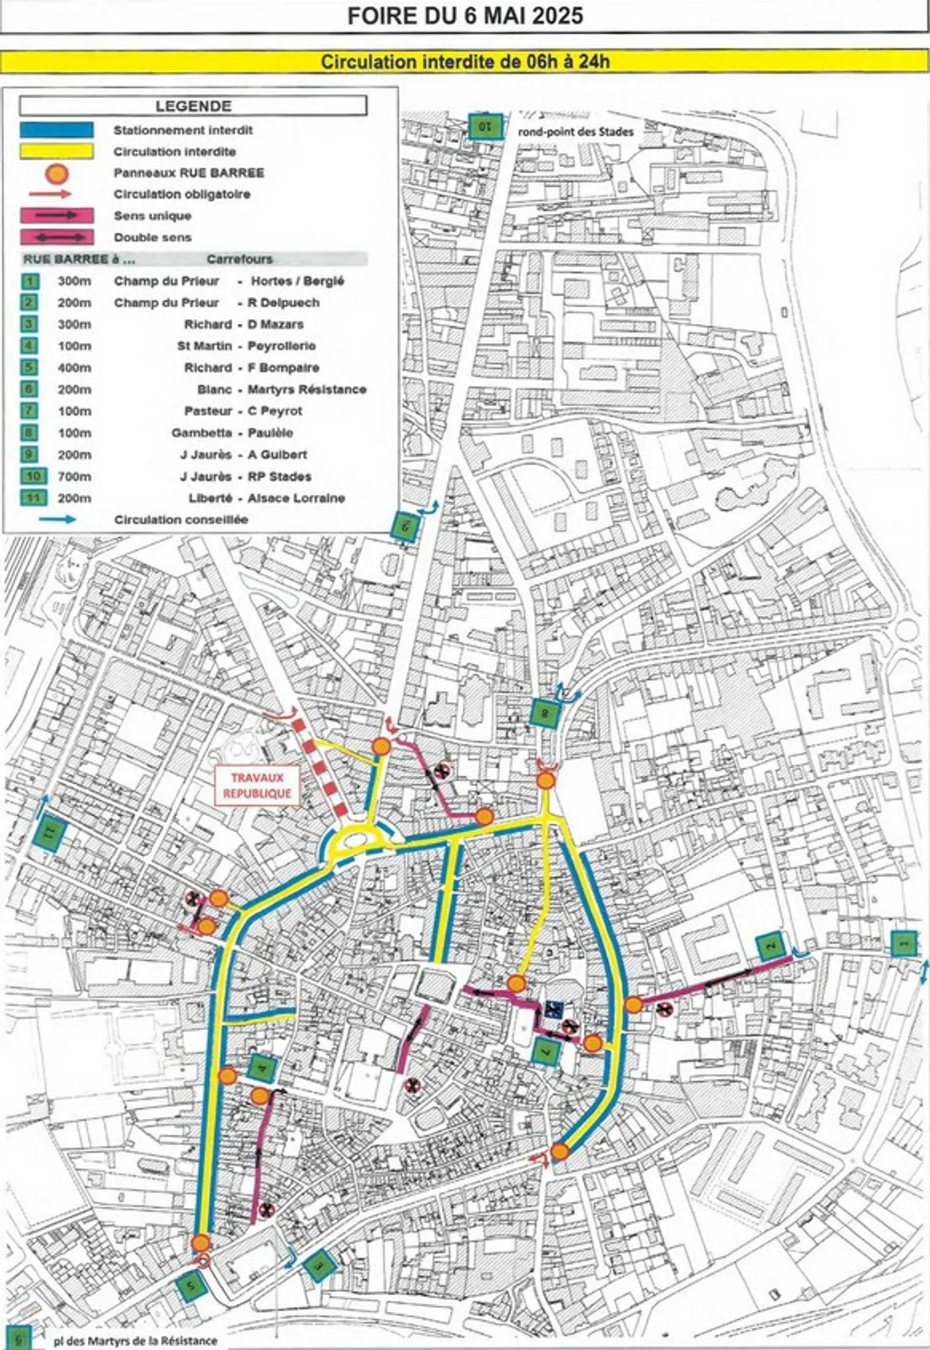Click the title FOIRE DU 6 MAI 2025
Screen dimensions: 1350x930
coord(465,16)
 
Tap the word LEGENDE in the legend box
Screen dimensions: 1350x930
coord(193,106)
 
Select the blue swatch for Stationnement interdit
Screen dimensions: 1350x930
coord(57,130)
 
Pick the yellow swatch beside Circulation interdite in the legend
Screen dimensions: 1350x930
coord(57,151)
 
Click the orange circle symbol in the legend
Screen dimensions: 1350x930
coord(57,173)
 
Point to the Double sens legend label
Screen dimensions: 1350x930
coord(153,238)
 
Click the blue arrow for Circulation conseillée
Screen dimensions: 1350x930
coord(57,519)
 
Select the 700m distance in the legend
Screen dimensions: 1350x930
coord(74,476)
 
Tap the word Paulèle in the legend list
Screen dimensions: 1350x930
coord(271,432)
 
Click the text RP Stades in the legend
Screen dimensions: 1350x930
coord(280,476)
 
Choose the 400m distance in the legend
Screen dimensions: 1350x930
coord(74,368)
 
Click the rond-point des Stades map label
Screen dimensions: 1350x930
coord(576,132)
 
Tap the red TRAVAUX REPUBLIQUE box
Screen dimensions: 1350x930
coord(257,785)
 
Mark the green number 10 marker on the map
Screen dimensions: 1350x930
coord(485,127)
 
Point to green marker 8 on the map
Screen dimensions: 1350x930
coord(545,712)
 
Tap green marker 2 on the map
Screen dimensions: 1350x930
coord(771,946)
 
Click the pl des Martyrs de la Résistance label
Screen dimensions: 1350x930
coord(135,1341)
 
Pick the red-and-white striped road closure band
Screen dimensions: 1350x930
coord(320,765)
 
